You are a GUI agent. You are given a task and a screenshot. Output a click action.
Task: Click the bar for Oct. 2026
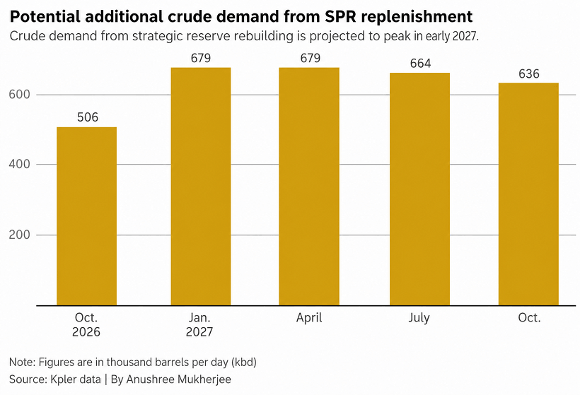tap(86, 216)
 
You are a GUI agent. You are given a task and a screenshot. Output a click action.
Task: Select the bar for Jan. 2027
tap(201, 187)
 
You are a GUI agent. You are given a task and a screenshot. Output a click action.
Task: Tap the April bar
tap(309, 187)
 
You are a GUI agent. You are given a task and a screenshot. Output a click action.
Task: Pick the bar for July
tap(420, 189)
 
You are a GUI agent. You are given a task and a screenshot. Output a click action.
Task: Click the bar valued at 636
tap(528, 194)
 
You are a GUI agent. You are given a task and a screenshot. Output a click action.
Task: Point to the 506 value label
tap(88, 117)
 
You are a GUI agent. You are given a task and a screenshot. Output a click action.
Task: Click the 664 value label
tap(420, 63)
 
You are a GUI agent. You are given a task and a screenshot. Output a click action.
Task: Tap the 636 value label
tap(529, 74)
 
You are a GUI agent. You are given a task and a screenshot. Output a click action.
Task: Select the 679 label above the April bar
tap(310, 58)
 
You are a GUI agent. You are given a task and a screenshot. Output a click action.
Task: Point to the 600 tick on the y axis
tap(19, 95)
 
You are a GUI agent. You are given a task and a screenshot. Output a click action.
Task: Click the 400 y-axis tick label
tap(19, 164)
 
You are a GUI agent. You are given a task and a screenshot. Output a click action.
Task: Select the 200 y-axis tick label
tap(19, 235)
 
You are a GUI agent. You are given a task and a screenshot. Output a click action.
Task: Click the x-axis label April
tap(309, 318)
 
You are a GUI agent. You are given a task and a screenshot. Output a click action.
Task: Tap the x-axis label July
tap(419, 318)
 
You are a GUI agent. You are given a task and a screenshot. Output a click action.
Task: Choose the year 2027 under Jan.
tap(199, 332)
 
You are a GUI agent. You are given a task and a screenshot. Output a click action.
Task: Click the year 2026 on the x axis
tap(86, 332)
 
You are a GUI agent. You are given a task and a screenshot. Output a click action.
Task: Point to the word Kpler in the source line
tap(63, 379)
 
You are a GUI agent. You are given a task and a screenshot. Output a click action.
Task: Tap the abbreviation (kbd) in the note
tap(244, 362)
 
